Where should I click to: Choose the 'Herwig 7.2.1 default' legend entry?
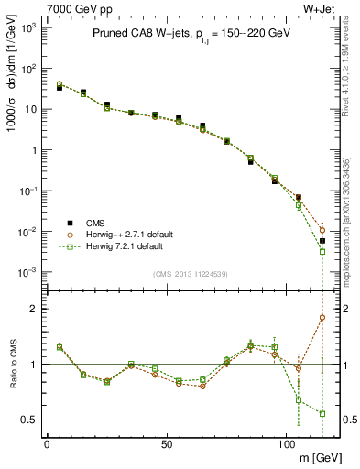(x=124, y=246)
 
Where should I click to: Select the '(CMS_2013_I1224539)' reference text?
(x=190, y=273)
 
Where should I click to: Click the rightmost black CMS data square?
(x=322, y=241)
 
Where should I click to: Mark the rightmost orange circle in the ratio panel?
(x=322, y=318)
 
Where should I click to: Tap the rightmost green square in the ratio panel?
(x=322, y=413)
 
